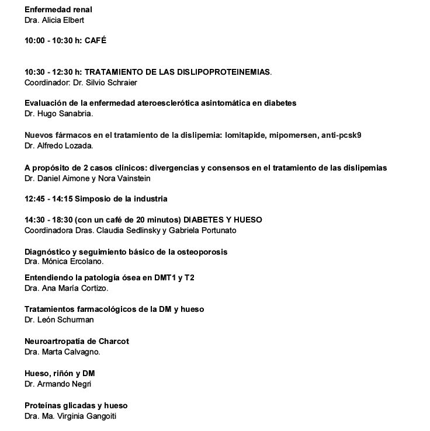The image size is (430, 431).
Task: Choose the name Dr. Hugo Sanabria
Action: coord(59,114)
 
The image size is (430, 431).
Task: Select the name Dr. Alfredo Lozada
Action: coord(59,146)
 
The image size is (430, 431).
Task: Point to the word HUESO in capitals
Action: coord(247,220)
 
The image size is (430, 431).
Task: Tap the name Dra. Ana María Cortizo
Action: coord(66,288)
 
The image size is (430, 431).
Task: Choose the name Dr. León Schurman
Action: coord(59,319)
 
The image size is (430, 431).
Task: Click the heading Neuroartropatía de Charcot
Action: coord(77,341)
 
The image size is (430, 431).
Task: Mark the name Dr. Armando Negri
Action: coord(58,384)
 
